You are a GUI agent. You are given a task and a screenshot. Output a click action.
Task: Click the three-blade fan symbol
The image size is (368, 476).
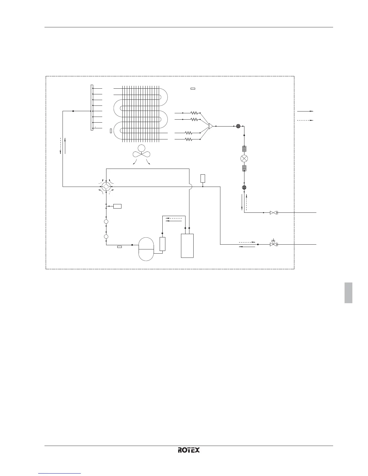tap(141, 152)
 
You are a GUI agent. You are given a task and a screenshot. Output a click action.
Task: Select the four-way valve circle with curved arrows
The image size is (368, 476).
tap(106, 187)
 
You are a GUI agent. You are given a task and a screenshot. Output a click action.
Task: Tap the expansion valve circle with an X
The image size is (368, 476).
tap(244, 158)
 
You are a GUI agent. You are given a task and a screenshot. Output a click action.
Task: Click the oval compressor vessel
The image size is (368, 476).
tap(146, 249)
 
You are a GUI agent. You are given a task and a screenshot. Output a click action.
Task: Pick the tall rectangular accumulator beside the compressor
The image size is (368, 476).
tap(187, 246)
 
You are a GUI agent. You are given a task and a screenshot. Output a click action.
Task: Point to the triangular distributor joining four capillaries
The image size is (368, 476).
tap(211, 126)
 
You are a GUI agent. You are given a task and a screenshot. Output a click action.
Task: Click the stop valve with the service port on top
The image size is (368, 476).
tap(273, 244)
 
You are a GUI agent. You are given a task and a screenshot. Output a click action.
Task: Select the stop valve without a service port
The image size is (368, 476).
tap(273, 213)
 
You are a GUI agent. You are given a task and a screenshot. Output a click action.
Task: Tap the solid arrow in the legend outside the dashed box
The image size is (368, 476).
tap(305, 111)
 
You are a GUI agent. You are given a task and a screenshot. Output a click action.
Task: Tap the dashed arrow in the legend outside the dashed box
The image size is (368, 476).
tap(305, 121)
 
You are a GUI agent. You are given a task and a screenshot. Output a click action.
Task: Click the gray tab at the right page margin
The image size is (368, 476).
tap(348, 293)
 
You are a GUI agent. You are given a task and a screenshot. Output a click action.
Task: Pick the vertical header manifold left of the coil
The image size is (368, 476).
tap(92, 108)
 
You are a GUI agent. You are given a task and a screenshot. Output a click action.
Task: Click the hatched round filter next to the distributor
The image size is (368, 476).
tap(238, 126)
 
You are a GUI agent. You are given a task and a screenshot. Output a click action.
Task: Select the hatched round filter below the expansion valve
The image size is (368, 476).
tap(244, 188)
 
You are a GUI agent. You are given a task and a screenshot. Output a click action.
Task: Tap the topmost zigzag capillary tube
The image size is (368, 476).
tap(194, 113)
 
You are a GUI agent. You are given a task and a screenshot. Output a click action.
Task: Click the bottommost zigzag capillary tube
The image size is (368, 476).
tap(188, 139)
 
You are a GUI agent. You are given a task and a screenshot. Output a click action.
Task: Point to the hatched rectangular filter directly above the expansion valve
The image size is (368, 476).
tap(244, 148)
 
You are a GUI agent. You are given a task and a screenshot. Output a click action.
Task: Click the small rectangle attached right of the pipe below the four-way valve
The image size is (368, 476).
tap(117, 206)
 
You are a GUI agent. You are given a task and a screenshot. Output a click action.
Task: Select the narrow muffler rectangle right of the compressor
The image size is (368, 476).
tap(162, 244)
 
